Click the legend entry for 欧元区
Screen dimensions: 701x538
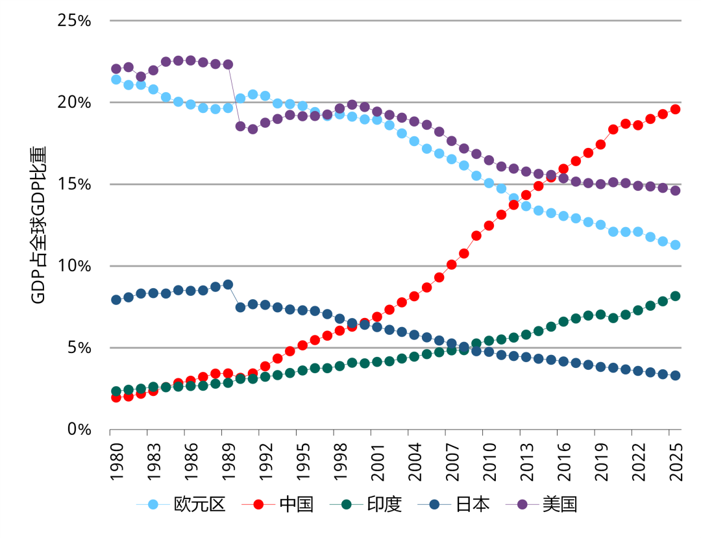point(181,504)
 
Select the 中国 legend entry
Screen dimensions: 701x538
point(278,504)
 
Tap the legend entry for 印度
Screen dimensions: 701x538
point(365,504)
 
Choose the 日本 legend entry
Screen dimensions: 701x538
point(454,504)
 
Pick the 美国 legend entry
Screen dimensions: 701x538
point(541,504)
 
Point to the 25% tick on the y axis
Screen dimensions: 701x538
point(74,21)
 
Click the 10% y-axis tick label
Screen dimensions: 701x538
point(74,266)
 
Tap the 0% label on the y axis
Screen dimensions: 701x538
point(79,430)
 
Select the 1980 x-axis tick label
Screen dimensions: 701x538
point(117,462)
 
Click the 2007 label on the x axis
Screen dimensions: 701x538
point(452,462)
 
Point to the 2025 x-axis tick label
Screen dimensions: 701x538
point(676,462)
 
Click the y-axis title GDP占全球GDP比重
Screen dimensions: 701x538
point(38,225)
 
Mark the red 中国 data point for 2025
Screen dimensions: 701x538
point(675,109)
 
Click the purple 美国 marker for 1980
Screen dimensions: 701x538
point(116,69)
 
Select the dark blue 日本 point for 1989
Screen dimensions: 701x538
point(228,284)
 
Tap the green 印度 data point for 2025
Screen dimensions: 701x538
point(675,296)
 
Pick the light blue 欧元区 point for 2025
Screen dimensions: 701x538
point(675,245)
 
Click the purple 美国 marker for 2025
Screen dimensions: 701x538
point(675,190)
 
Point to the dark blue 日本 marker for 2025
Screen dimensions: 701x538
point(675,375)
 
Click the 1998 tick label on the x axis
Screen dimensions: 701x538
point(340,462)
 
